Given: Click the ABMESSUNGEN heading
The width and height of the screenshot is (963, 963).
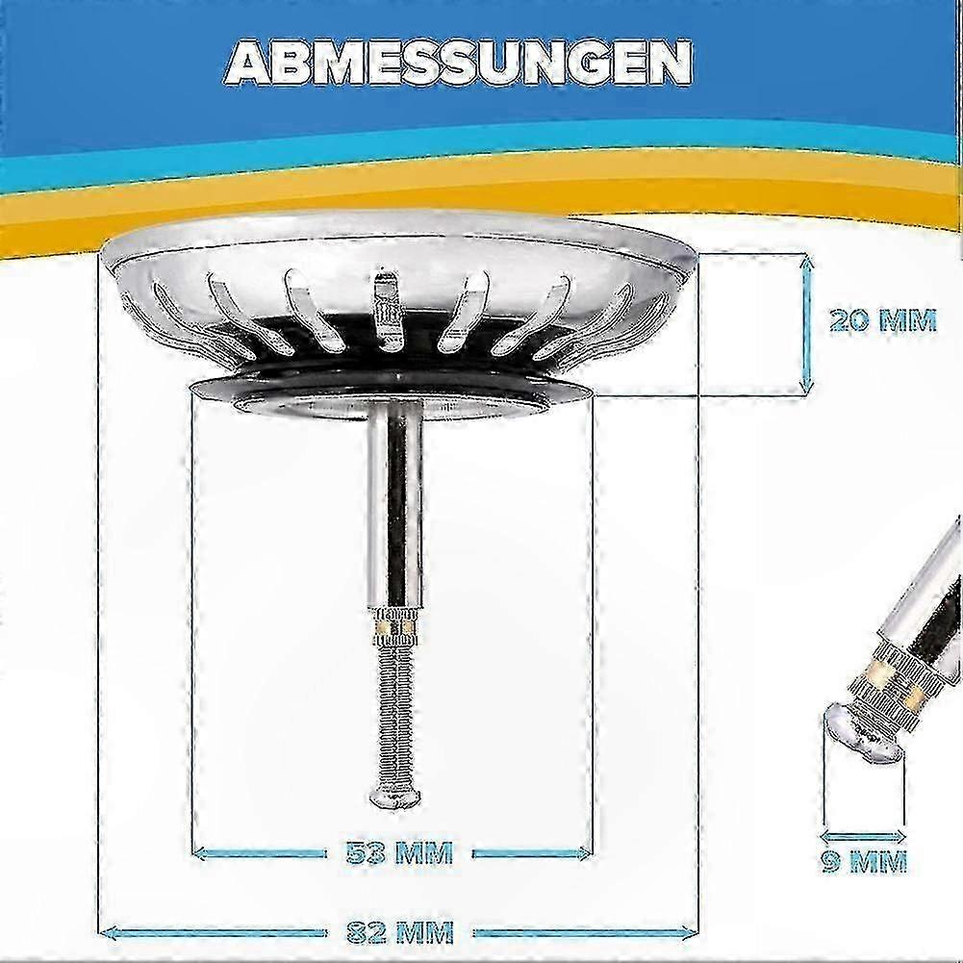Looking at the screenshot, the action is coord(459,63).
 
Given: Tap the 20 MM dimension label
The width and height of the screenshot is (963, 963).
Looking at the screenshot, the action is coord(882,320).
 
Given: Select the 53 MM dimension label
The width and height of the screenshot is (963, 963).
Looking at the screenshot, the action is coord(399,853).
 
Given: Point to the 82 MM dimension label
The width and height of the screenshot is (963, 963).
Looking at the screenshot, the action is coord(400,932).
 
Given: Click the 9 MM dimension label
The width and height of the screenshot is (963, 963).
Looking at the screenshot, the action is coord(864,862).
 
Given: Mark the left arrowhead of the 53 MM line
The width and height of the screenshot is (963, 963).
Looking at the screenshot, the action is coord(200,852).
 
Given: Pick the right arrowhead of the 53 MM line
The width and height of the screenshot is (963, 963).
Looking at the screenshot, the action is coord(583,852).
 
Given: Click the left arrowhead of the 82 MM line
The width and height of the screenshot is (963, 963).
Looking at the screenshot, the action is coord(108,933).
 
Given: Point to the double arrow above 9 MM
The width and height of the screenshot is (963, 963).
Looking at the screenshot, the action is coord(863,836).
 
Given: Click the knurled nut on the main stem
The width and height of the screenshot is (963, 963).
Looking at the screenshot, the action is coord(394,625).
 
